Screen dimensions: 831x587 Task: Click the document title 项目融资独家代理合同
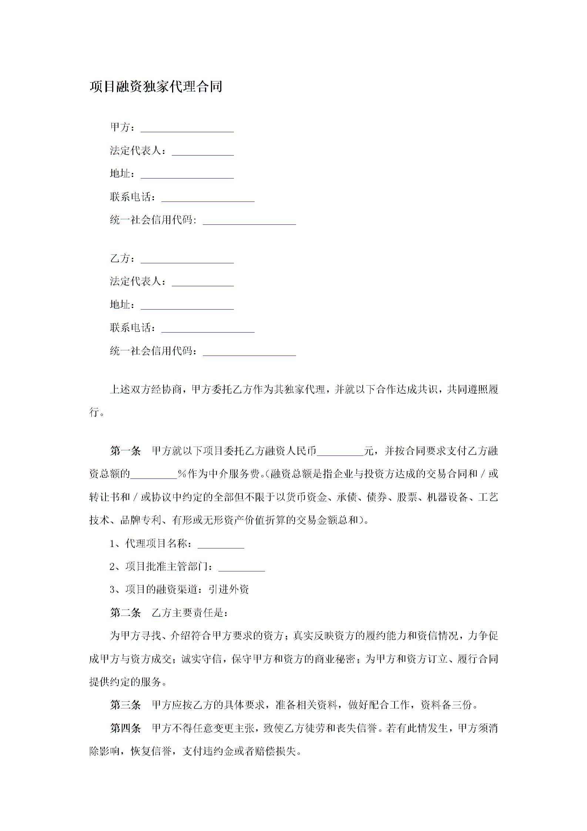[x=156, y=87]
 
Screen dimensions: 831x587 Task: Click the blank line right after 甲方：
[x=187, y=128]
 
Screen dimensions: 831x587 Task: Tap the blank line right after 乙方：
[x=187, y=259]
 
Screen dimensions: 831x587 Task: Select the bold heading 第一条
[x=125, y=451]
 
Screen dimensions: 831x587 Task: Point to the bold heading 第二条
[x=125, y=613]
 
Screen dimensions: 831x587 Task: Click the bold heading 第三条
[x=125, y=705]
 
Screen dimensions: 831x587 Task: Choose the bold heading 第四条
[x=125, y=728]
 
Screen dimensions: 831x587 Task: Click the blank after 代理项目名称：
[x=221, y=544]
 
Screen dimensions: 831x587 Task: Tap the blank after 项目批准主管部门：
[x=242, y=567]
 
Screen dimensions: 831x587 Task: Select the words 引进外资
[x=228, y=590]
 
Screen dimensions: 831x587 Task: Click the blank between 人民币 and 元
[x=341, y=452]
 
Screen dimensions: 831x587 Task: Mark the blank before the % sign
[x=154, y=475]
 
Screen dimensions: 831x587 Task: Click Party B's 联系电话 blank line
[x=208, y=328]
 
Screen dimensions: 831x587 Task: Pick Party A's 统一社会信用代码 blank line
[x=249, y=221]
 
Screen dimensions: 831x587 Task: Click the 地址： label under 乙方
[x=123, y=305]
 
